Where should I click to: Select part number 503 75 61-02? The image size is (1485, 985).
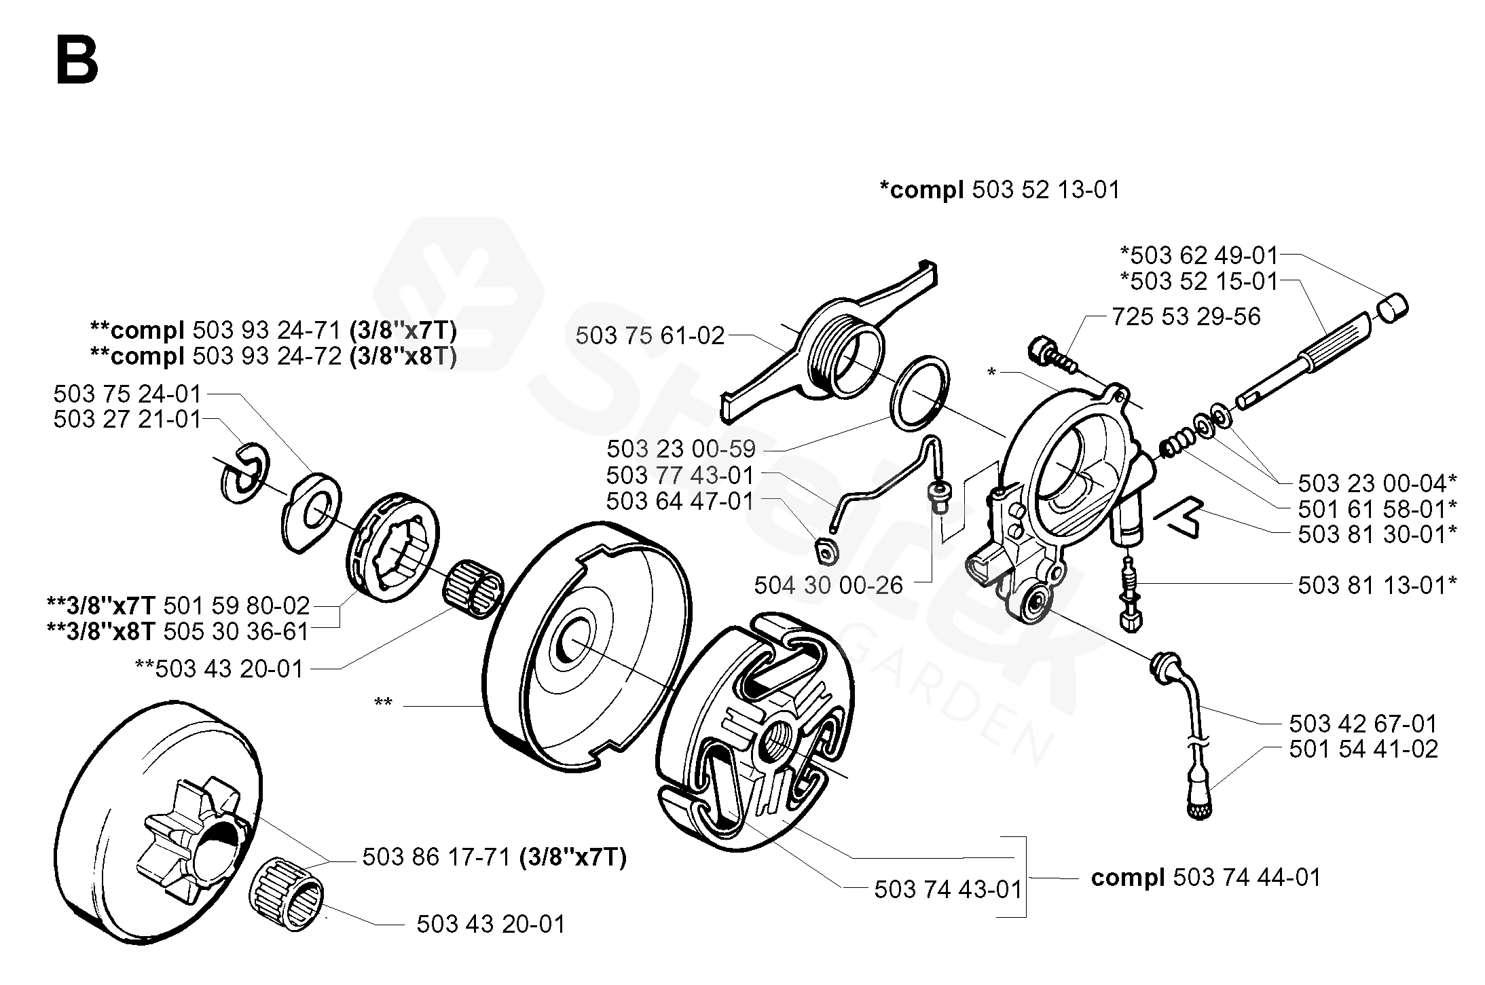pyautogui.click(x=650, y=335)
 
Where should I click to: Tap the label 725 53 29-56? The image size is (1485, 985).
pyautogui.click(x=1186, y=316)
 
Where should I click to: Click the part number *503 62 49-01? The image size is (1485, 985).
pyautogui.click(x=1198, y=255)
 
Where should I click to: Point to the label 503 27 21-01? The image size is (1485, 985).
pyautogui.click(x=128, y=419)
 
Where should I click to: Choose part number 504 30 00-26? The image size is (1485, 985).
pyautogui.click(x=828, y=585)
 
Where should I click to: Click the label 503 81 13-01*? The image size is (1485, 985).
pyautogui.click(x=1377, y=585)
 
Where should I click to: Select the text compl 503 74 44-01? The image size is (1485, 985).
pyautogui.click(x=1206, y=878)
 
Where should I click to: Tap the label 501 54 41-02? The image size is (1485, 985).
pyautogui.click(x=1363, y=749)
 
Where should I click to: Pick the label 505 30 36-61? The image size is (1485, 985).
pyautogui.click(x=236, y=631)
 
